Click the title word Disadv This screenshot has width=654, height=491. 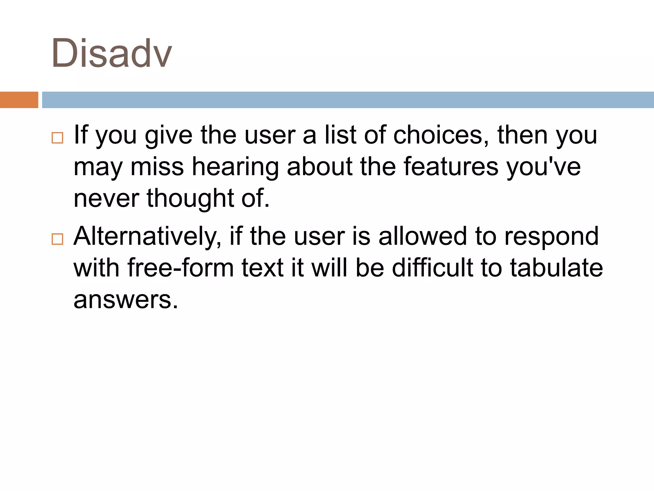point(111,53)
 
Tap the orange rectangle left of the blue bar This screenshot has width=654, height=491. point(19,100)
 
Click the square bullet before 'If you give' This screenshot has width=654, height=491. point(57,138)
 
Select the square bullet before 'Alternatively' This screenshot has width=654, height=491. point(57,239)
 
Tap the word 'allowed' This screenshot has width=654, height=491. point(423,236)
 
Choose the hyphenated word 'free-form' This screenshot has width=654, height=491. point(181,268)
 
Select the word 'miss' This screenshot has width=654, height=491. point(157,167)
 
